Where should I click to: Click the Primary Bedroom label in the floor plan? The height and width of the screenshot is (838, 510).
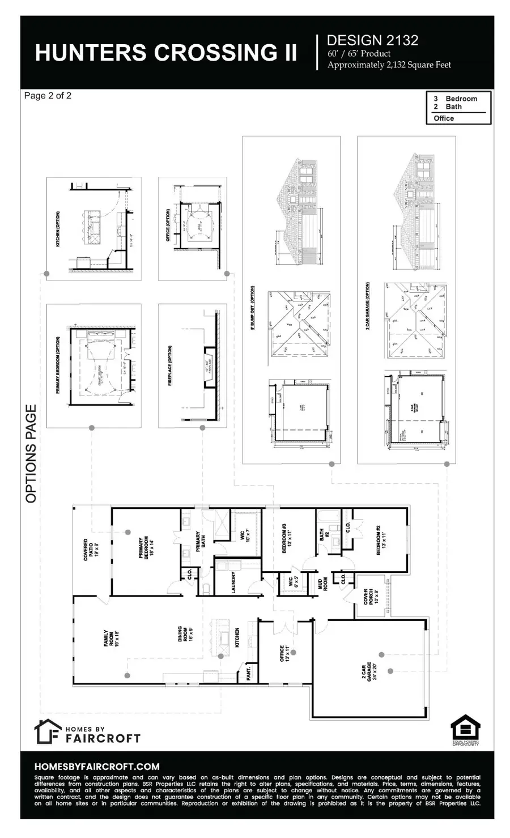point(146,548)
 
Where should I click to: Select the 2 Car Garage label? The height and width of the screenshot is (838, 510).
point(371,672)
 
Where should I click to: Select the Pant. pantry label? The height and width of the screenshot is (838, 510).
point(249,673)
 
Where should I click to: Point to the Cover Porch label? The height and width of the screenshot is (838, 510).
point(369,600)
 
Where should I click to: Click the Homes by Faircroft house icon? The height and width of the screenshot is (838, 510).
point(48,731)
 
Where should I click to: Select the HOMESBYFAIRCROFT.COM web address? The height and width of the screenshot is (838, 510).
point(97,767)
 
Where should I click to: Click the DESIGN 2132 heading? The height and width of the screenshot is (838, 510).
point(372,40)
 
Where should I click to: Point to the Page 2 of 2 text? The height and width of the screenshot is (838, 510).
point(48,96)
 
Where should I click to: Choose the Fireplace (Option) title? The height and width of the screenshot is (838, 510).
point(169,366)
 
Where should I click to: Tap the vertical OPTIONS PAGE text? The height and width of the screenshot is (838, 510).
point(31,453)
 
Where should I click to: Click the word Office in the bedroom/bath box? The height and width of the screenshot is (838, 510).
point(444,118)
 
